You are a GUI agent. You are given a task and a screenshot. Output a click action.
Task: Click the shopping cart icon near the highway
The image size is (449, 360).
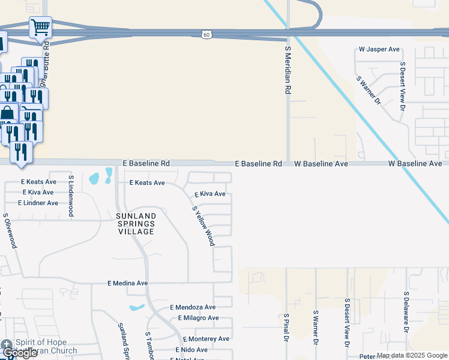pyautogui.click(x=40, y=26)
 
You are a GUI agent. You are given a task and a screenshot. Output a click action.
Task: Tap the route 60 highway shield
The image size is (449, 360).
pyautogui.click(x=206, y=35)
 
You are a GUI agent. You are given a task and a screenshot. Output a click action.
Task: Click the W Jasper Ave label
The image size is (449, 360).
pyautogui.click(x=379, y=49)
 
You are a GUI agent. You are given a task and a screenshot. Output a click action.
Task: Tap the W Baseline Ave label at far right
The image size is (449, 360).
pyautogui.click(x=415, y=163)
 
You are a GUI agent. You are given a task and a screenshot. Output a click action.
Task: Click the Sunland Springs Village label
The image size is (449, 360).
pyautogui.click(x=136, y=223)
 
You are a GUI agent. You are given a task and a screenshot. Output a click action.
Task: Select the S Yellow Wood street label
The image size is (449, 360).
pyautogui.click(x=203, y=226)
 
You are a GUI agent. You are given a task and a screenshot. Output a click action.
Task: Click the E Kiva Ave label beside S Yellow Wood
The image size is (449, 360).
pyautogui.click(x=209, y=194)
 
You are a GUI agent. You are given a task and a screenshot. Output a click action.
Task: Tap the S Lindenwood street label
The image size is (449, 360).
pyautogui.click(x=71, y=196)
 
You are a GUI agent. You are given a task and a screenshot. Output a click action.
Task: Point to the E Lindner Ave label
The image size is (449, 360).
pyautogui.click(x=38, y=203)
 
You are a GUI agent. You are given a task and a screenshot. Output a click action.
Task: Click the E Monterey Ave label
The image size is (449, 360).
pyautogui.click(x=206, y=339)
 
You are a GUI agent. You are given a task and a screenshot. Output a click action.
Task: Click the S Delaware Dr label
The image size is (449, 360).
pyautogui.click(x=406, y=316)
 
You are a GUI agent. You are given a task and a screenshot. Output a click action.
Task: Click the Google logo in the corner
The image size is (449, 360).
pyautogui.click(x=19, y=353)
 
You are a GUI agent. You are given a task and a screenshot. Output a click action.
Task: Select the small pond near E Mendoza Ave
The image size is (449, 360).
pyautogui.click(x=137, y=308)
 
